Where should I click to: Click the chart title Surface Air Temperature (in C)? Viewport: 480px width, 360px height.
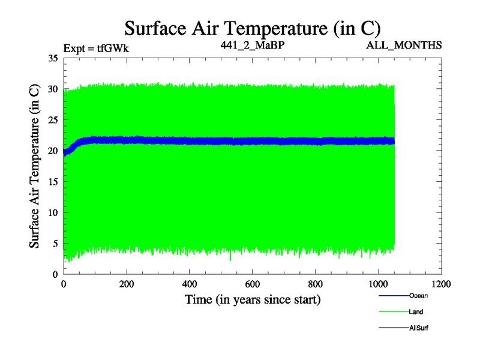click(x=252, y=28)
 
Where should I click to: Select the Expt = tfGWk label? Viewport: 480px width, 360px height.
click(x=96, y=46)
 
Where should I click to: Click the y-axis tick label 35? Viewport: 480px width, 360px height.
click(x=52, y=58)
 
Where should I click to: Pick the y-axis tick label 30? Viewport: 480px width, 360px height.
click(x=52, y=89)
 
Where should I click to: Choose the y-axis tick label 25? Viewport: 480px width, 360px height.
click(x=52, y=120)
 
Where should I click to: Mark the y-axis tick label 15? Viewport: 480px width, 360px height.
click(x=52, y=182)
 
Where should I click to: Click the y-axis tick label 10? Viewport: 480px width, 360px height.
click(x=52, y=212)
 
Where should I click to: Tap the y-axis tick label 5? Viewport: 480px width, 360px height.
click(x=55, y=244)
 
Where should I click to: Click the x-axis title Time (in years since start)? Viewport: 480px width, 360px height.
click(x=252, y=299)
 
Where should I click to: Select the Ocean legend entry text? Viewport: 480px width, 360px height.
click(x=418, y=295)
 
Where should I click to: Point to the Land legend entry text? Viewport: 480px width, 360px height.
click(x=416, y=311)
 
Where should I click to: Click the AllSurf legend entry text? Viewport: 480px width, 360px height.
click(x=419, y=328)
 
